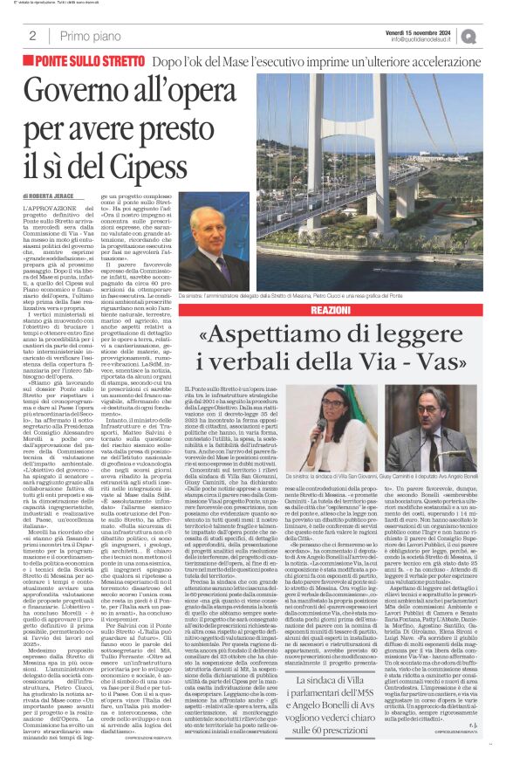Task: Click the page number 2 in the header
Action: click(x=31, y=36)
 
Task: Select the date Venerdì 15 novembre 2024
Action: click(x=430, y=30)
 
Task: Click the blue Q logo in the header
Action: click(x=493, y=35)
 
